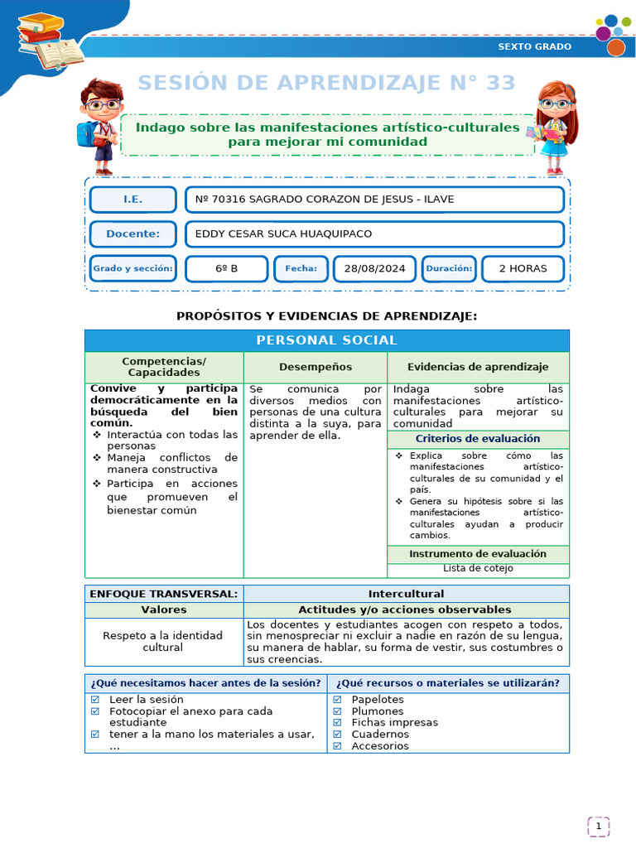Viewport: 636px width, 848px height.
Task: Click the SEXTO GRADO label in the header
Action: pos(534,46)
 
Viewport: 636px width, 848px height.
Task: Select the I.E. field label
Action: pos(132,200)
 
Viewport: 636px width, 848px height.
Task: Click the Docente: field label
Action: pos(132,234)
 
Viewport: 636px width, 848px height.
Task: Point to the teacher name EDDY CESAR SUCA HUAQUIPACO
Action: pos(283,234)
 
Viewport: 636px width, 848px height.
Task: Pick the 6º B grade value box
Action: pos(226,268)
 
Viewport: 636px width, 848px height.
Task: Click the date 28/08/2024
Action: pos(374,268)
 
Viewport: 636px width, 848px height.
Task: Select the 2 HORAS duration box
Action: pos(523,268)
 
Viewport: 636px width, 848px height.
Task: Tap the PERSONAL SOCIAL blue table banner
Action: pos(326,340)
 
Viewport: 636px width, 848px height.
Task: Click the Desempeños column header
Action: pos(315,367)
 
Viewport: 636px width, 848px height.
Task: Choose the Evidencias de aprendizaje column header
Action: pos(478,367)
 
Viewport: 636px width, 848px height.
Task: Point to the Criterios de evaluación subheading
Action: pos(478,439)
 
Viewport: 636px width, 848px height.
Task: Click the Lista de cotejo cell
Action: pos(478,568)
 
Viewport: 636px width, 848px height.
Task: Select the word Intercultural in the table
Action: pos(406,594)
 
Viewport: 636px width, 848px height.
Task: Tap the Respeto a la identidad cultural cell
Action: pos(162,641)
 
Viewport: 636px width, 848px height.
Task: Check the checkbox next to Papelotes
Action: pos(337,700)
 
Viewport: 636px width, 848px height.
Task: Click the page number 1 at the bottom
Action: pos(598,826)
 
